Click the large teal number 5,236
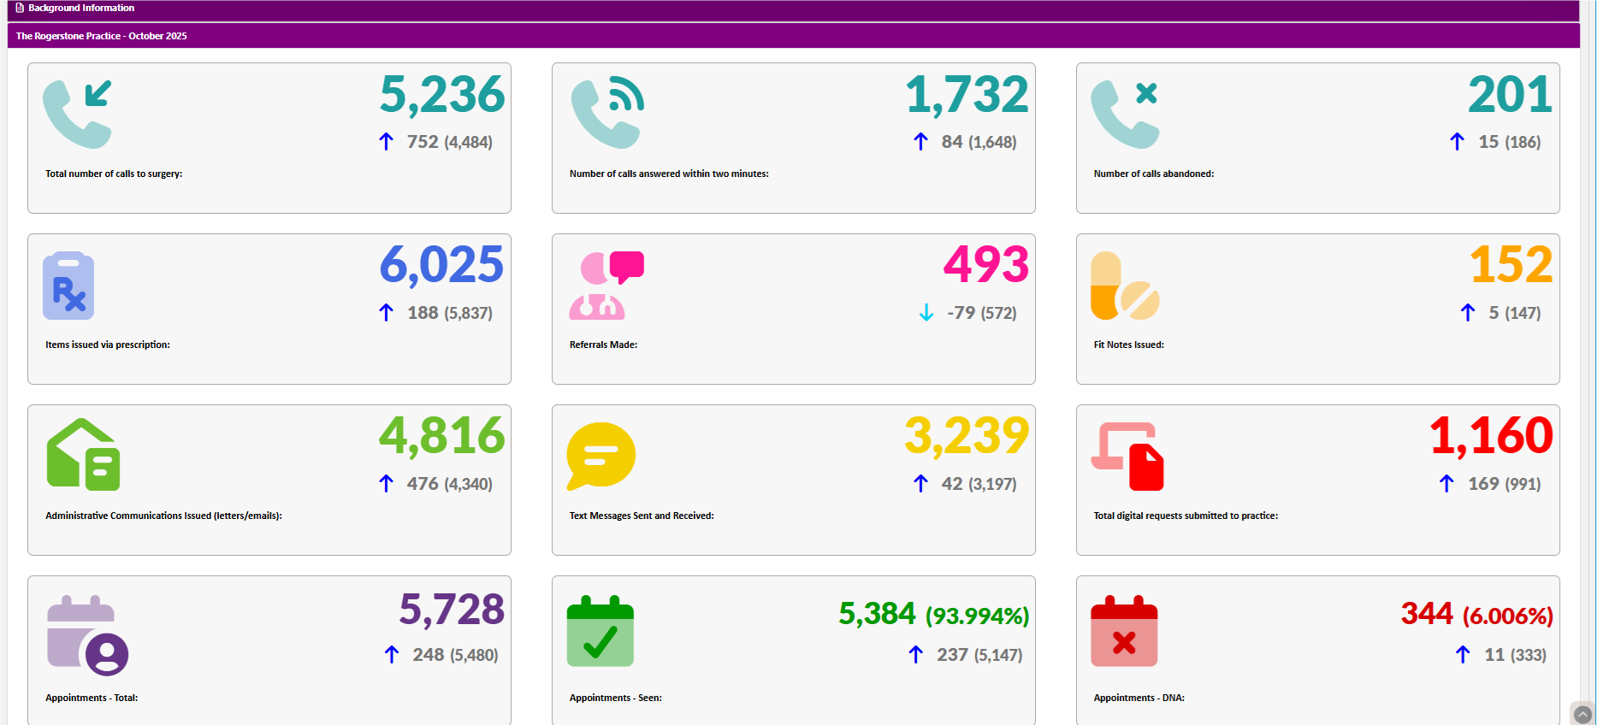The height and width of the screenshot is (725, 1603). (x=441, y=95)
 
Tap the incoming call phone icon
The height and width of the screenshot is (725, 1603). (x=78, y=114)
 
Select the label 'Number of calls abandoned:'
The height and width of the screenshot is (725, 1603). (x=1153, y=174)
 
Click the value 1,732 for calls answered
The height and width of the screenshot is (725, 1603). (x=967, y=95)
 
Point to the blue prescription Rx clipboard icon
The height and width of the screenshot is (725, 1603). (x=68, y=286)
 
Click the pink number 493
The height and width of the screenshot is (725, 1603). (x=985, y=265)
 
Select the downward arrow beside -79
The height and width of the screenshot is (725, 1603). (x=926, y=313)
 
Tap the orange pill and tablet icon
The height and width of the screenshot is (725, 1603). (x=1124, y=286)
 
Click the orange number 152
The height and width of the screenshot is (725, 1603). (x=1511, y=265)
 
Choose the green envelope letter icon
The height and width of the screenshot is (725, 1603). (x=83, y=455)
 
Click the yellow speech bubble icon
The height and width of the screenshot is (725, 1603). (x=600, y=456)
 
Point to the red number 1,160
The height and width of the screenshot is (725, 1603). (x=1491, y=436)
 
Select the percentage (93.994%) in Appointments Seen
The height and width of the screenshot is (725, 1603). (x=977, y=616)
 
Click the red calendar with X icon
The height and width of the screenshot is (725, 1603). (x=1124, y=632)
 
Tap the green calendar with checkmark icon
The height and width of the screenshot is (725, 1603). (x=600, y=632)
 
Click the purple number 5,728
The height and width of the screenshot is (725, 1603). (x=452, y=610)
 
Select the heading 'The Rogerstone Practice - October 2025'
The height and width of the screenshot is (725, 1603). (x=101, y=36)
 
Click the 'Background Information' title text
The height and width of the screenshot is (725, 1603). (x=81, y=8)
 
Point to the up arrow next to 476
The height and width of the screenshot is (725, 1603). (x=386, y=484)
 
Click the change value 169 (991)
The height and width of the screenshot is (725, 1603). (x=1504, y=484)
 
